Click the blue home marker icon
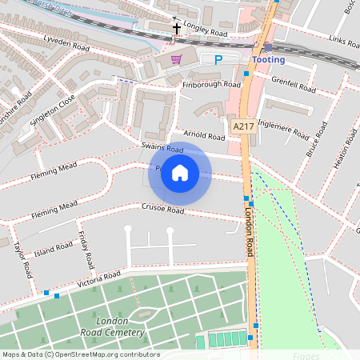click(180, 173)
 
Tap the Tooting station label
click(268, 60)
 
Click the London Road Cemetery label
click(120, 326)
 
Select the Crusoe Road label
click(163, 210)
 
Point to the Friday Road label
click(85, 250)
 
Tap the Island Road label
click(54, 250)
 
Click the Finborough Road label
click(211, 84)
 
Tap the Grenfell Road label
click(290, 80)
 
